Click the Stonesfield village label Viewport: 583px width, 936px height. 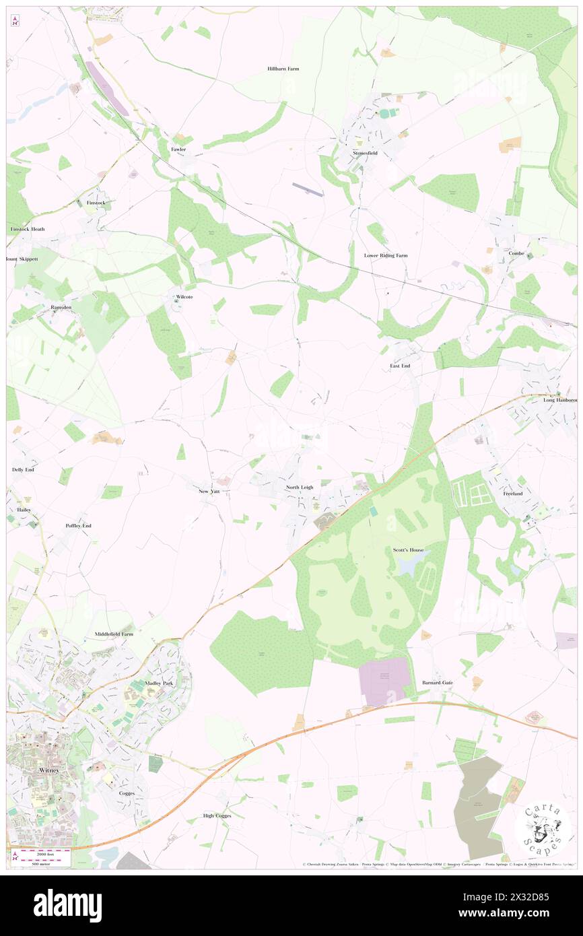pyautogui.click(x=366, y=154)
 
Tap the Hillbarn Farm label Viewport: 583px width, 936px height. pyautogui.click(x=283, y=69)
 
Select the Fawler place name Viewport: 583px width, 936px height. pyautogui.click(x=178, y=149)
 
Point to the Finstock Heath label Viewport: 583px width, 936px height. pyautogui.click(x=28, y=229)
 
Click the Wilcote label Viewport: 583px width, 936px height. pyautogui.click(x=184, y=296)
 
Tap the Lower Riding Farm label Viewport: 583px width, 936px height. pyautogui.click(x=386, y=256)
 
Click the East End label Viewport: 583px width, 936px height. pyautogui.click(x=400, y=366)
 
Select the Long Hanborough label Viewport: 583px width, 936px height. pyautogui.click(x=560, y=400)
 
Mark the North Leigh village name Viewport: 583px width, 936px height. pyautogui.click(x=300, y=487)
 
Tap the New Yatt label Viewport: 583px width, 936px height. pyautogui.click(x=209, y=492)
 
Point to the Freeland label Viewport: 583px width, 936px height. pyautogui.click(x=513, y=494)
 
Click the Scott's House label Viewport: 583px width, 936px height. pyautogui.click(x=408, y=550)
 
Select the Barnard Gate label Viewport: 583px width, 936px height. pyautogui.click(x=438, y=682)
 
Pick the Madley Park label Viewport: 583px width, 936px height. pyautogui.click(x=159, y=683)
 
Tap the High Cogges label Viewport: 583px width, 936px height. pyautogui.click(x=217, y=815)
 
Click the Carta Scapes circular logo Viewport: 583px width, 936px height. pyautogui.click(x=542, y=826)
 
